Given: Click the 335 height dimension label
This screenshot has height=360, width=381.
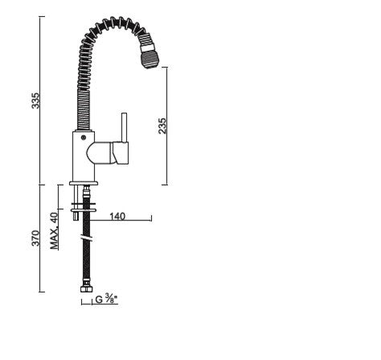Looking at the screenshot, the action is pyautogui.click(x=35, y=100).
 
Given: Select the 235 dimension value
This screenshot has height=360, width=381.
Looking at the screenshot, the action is pyautogui.click(x=162, y=125).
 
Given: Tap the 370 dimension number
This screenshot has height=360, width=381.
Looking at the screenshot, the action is pyautogui.click(x=35, y=238).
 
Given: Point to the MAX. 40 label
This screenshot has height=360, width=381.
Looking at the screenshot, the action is pyautogui.click(x=55, y=231).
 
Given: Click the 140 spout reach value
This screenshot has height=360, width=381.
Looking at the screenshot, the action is pyautogui.click(x=117, y=216).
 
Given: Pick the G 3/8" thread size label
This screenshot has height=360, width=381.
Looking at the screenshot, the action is pyautogui.click(x=106, y=299).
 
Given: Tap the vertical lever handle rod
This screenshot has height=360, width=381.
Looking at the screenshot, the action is pyautogui.click(x=124, y=128).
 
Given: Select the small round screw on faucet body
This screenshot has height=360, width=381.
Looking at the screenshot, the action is pyautogui.click(x=84, y=138).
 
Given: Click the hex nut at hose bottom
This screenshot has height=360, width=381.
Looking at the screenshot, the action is pyautogui.click(x=87, y=289).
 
